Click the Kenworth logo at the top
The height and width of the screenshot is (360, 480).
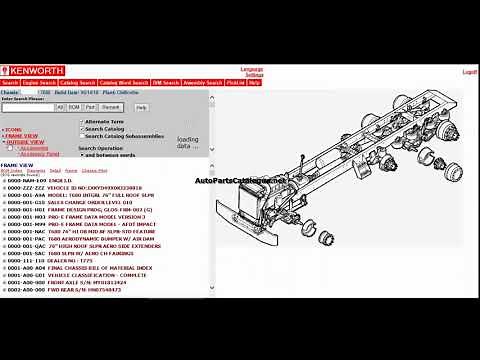pos(33,70)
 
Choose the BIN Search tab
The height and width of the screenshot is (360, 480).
pos(165,83)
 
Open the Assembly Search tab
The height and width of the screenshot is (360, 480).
pos(203,83)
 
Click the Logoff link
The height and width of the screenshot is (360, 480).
pos(469,72)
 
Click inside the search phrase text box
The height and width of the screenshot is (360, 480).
pos(27,106)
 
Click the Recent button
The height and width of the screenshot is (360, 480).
pos(111,106)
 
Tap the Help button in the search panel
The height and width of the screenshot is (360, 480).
pos(141,106)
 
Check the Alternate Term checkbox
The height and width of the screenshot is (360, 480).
pos(82,121)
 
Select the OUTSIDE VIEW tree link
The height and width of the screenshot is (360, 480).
pos(24,142)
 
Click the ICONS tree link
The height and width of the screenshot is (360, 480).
pos(14,130)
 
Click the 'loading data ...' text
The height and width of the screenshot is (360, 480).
pos(189,143)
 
